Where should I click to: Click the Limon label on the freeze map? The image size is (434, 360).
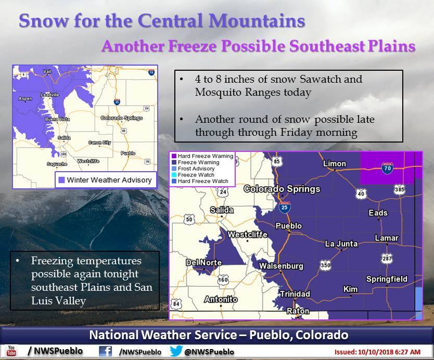335,164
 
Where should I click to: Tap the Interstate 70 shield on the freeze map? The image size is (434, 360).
388,168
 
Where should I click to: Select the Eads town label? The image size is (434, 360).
378,213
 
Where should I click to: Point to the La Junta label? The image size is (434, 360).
341,244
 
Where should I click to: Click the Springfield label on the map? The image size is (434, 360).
387,279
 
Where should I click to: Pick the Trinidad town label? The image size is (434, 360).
295,294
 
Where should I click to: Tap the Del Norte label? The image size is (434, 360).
203,263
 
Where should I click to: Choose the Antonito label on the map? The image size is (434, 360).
221,300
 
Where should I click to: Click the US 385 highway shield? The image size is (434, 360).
400,189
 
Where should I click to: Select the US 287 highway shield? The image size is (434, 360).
387,259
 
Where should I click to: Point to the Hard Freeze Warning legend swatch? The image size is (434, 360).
174,156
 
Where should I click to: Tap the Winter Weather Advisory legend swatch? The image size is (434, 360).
61,180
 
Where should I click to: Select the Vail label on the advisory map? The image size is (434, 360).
47,71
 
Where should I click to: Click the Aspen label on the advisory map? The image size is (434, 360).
25,98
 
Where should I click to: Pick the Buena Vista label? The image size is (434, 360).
57,119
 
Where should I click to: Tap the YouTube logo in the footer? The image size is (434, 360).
11,351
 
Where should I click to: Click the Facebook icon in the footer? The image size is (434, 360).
106,351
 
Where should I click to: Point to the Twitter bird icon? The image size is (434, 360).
176,351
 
